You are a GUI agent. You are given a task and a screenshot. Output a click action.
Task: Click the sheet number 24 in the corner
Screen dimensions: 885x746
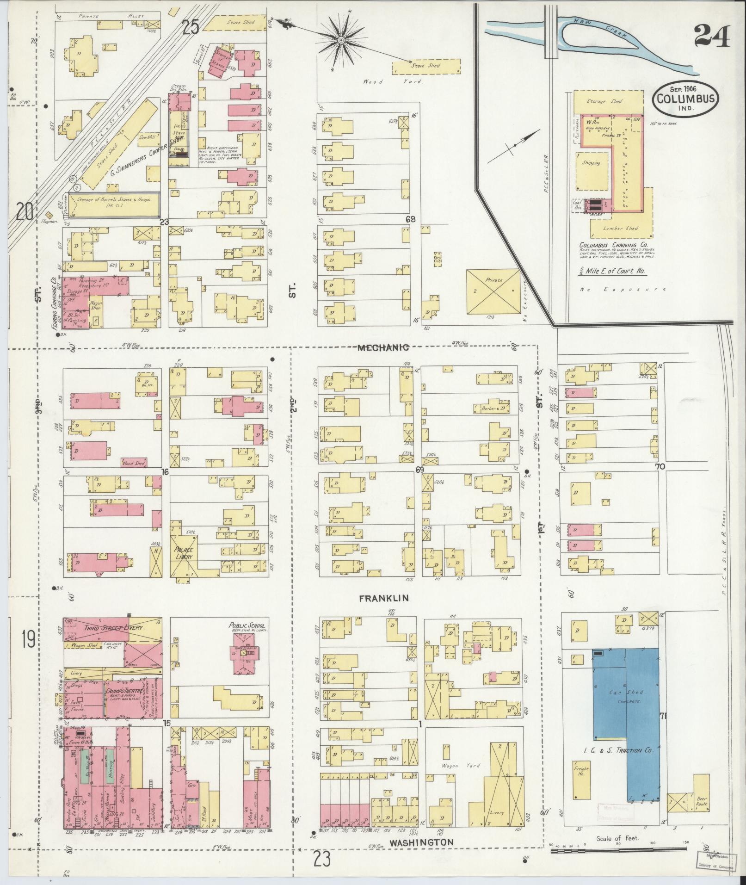click(712, 36)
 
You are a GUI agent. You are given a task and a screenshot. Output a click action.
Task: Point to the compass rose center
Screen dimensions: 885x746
click(341, 41)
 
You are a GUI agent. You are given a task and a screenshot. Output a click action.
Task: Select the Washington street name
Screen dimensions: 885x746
click(421, 842)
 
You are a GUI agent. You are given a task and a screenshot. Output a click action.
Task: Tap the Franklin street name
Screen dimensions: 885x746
click(384, 598)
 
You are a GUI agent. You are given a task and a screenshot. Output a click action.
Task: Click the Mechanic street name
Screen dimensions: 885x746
click(383, 347)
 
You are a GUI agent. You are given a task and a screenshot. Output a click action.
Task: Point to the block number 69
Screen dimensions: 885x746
click(419, 470)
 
